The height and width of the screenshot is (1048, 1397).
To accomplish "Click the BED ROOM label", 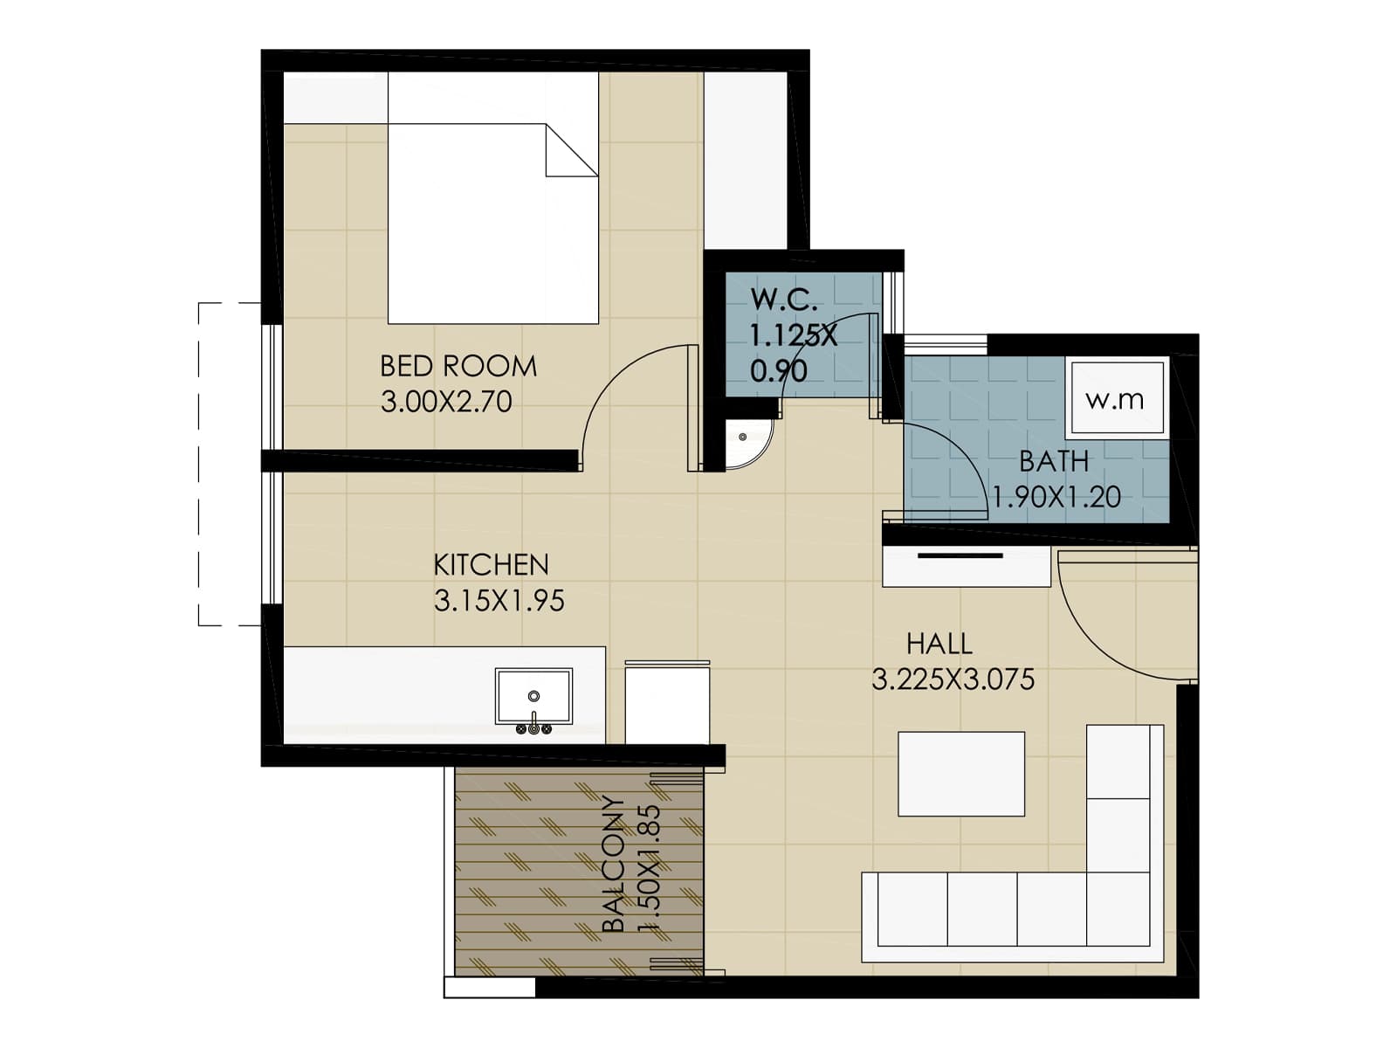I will pos(458,365).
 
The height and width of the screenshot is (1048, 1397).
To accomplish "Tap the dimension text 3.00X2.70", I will pos(446,402).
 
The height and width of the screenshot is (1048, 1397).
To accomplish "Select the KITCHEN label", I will pos(491,565).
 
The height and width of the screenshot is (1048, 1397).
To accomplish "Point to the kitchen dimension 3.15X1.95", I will pos(499,601).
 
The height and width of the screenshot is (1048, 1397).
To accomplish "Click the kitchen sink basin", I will pos(533,696).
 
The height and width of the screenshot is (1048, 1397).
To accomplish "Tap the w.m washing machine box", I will pos(1115,399).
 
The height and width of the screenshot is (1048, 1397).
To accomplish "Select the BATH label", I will pos(1054,460).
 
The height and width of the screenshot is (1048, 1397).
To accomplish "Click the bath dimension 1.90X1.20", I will pos(1057,497).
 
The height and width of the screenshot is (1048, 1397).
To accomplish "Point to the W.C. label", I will pos(784,300).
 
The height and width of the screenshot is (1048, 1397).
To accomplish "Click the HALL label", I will pos(939,644).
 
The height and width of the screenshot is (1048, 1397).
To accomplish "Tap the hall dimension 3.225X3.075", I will pos(953,679).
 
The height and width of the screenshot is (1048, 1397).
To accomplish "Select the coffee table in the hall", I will pos(960,774).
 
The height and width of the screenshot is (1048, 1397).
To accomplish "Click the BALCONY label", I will pos(614,865).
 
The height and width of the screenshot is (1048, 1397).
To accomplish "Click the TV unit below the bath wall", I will pos(966,568).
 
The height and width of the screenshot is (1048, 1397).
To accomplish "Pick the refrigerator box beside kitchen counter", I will pos(667,703).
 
